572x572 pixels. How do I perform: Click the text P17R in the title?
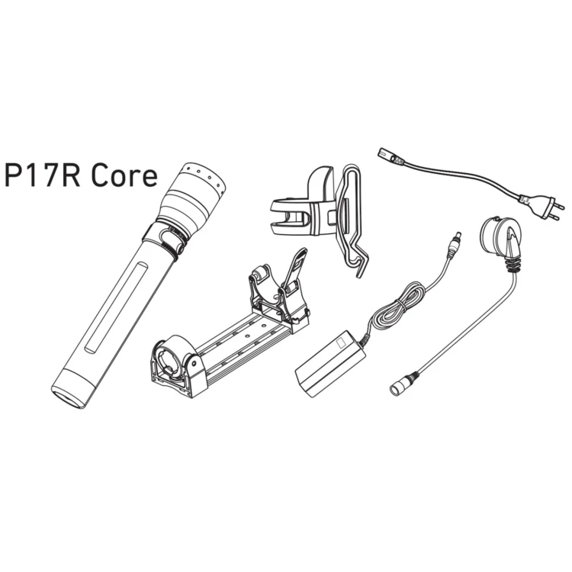[42, 176]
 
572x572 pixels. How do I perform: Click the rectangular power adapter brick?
[330, 364]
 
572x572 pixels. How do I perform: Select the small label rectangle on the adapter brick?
[341, 343]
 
